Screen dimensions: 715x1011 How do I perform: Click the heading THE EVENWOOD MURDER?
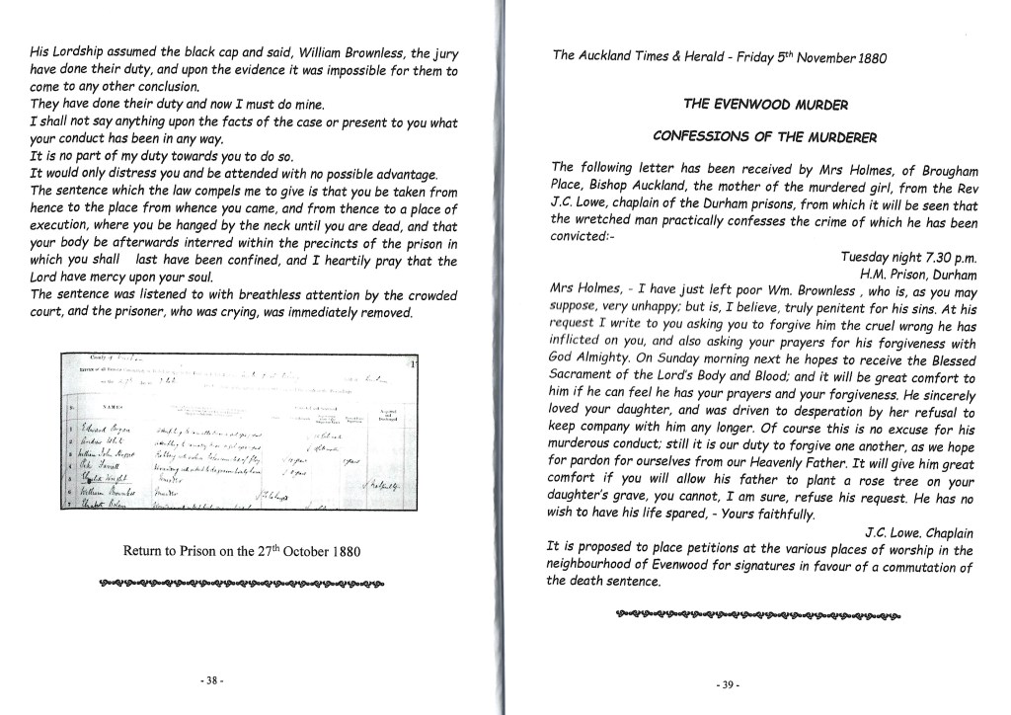(x=764, y=104)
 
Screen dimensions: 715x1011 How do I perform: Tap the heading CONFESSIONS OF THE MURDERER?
(x=764, y=136)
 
